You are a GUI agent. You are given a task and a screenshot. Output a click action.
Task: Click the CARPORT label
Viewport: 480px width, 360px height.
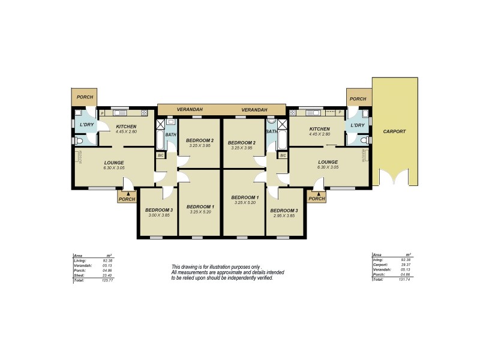click(394, 131)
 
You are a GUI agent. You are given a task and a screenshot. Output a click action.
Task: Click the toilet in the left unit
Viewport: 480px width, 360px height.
click(79, 140)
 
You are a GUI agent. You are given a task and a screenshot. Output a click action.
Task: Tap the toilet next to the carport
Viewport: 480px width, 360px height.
click(364, 140)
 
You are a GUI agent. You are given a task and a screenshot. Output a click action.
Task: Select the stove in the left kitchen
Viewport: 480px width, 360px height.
click(144, 113)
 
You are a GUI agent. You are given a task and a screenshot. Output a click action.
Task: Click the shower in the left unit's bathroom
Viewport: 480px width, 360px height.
click(160, 125)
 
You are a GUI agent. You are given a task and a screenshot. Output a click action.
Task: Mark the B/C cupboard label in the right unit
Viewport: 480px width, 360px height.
click(283, 155)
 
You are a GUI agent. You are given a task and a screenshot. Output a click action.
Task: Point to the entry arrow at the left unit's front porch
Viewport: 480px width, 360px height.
click(128, 193)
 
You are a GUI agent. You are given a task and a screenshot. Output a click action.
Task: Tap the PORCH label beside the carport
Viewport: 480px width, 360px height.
click(358, 99)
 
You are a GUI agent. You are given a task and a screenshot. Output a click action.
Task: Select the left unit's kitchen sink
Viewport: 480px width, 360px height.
click(119, 113)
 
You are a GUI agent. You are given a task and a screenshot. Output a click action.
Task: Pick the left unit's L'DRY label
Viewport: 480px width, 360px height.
click(86, 125)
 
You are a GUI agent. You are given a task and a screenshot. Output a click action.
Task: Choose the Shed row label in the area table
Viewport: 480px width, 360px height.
click(78, 275)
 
